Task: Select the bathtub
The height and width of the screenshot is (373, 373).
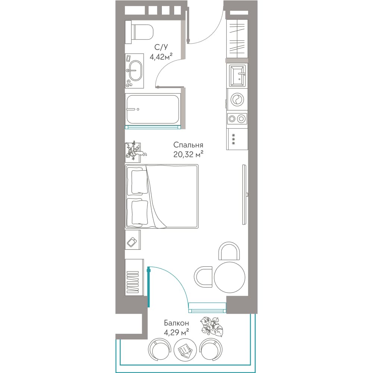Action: (x=153, y=109)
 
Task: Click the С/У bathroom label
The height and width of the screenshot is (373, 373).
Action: (x=161, y=47)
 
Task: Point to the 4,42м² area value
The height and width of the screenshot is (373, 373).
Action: (x=161, y=57)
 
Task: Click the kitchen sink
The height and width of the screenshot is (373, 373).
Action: (x=237, y=76)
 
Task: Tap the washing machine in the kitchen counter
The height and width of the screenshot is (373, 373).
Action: (x=237, y=100)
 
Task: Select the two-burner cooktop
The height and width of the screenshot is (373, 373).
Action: (x=237, y=119)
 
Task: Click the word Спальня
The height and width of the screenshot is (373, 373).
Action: (x=188, y=145)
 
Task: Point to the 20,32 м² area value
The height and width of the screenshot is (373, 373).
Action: (x=188, y=155)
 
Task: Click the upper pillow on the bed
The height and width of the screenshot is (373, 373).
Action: (x=138, y=182)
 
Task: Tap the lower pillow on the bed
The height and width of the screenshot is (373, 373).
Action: (x=138, y=213)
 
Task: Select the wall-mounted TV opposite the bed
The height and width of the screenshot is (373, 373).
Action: (x=244, y=194)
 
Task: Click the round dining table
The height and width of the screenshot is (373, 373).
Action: (x=229, y=277)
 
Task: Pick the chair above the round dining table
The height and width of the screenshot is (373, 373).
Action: (x=229, y=251)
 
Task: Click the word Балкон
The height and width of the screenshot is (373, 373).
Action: (x=176, y=323)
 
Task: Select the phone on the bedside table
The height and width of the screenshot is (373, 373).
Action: (x=132, y=242)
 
